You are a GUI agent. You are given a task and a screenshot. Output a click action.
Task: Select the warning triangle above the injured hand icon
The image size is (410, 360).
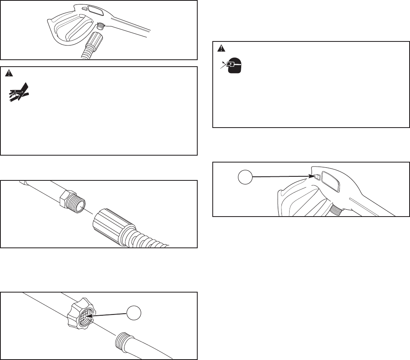9,73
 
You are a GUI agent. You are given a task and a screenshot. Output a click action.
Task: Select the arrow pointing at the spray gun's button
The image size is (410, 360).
281,176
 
